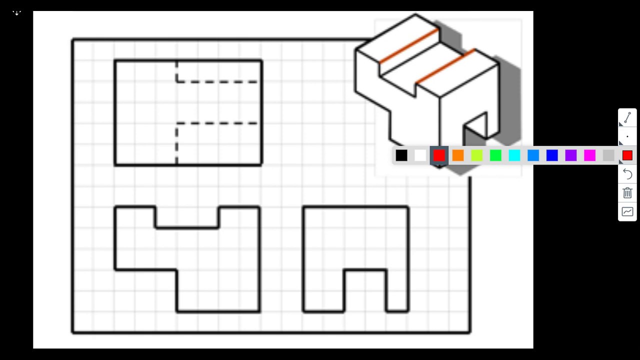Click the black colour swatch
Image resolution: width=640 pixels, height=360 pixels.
click(401, 156)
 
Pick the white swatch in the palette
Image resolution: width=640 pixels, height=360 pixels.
click(420, 156)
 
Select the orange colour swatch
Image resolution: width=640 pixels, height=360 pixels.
click(458, 156)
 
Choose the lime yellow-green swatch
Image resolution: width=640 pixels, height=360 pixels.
click(477, 156)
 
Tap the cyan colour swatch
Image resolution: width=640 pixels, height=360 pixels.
click(514, 156)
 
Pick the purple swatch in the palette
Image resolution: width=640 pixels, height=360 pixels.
click(571, 156)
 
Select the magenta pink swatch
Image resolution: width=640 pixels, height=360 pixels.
click(590, 156)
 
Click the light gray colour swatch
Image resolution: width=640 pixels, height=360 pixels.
click(608, 156)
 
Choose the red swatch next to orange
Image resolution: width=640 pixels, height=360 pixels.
click(439, 156)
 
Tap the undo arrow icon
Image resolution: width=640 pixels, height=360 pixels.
click(627, 174)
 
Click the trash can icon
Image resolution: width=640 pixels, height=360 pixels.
click(627, 193)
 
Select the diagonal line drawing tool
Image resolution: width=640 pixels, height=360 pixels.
click(627, 117)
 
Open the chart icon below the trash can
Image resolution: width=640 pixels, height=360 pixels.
click(627, 212)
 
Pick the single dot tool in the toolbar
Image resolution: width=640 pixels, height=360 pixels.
click(627, 136)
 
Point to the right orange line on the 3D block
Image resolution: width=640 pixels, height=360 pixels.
click(445, 66)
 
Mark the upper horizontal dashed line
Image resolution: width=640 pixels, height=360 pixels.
click(218, 81)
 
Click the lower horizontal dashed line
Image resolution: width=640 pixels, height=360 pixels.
click(218, 123)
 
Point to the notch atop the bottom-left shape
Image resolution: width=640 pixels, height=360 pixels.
click(187, 217)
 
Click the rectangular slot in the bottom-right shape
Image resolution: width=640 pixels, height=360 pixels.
click(365, 290)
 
